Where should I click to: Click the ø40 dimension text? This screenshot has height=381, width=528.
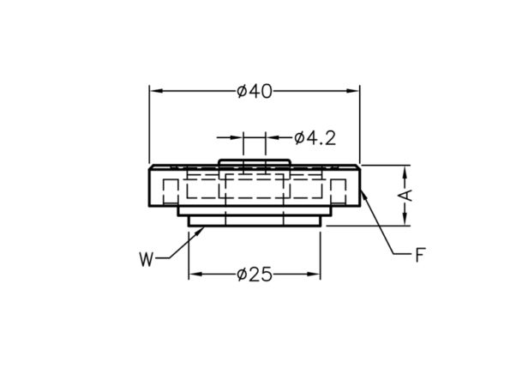[255, 91]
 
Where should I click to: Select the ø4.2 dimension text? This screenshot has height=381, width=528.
[315, 138]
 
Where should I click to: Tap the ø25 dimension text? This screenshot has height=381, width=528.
[255, 275]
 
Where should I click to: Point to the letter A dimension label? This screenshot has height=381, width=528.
[407, 196]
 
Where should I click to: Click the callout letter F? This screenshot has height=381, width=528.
[420, 255]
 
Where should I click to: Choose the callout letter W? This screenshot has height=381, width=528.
[147, 260]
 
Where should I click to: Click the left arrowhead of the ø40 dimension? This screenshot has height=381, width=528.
[157, 91]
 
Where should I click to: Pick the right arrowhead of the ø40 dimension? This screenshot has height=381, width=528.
[352, 91]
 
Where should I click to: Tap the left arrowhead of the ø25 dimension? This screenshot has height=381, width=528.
[195, 274]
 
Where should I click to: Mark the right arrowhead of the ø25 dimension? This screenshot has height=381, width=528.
[314, 274]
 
